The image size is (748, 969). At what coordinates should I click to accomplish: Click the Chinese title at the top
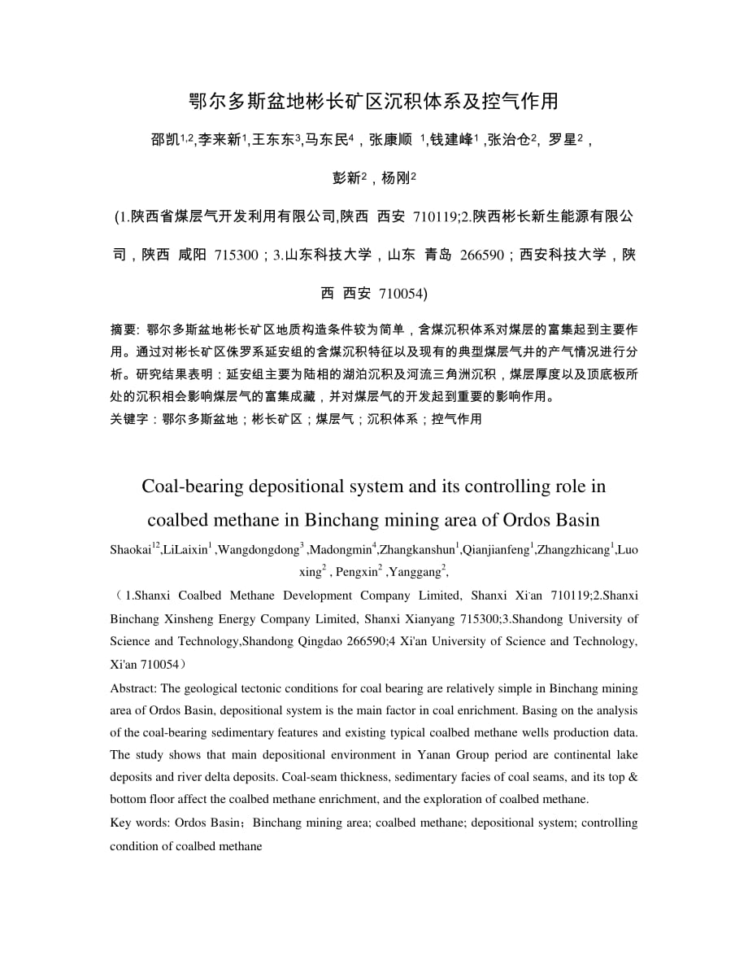(x=373, y=101)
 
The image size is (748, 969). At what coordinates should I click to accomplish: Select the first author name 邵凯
(x=165, y=140)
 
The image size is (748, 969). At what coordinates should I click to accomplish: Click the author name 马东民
(x=326, y=140)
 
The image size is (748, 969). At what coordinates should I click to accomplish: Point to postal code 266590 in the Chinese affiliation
(x=482, y=255)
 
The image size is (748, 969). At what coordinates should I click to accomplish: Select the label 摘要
(x=124, y=330)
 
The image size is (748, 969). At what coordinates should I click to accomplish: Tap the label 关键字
(x=128, y=419)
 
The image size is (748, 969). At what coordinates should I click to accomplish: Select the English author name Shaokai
(x=130, y=551)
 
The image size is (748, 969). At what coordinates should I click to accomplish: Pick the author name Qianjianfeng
(x=495, y=551)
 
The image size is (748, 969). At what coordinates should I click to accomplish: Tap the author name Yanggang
(x=417, y=572)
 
